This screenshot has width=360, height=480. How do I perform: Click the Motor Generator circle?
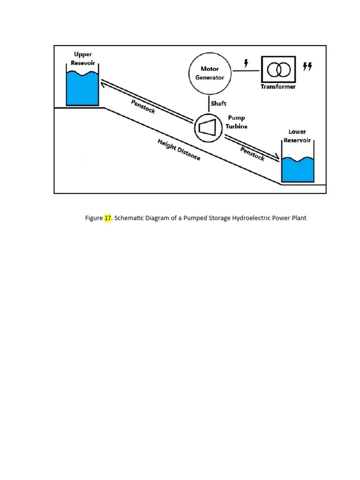(x=210, y=73)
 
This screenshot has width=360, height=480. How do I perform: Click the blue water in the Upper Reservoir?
(x=82, y=89)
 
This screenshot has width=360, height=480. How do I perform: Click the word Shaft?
(x=218, y=104)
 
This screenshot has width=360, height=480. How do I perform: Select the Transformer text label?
(x=278, y=87)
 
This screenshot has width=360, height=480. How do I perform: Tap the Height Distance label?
(x=179, y=150)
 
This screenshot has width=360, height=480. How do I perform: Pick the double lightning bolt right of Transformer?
(x=307, y=67)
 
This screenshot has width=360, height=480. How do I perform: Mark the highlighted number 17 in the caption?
(x=108, y=218)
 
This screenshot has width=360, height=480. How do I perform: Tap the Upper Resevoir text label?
(x=83, y=58)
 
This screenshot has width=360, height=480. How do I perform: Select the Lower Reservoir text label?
(x=297, y=136)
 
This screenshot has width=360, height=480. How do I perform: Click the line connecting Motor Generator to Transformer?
(x=246, y=71)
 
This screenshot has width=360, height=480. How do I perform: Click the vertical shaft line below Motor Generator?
(x=209, y=104)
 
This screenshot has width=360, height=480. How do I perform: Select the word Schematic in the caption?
(x=130, y=218)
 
